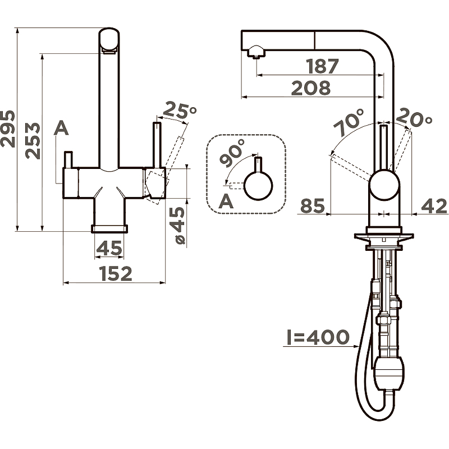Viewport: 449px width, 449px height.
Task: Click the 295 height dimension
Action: [8, 129]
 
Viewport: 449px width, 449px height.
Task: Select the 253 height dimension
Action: [33, 141]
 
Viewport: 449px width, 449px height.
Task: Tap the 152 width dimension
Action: [116, 273]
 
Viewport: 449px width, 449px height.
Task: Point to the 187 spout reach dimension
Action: [322, 66]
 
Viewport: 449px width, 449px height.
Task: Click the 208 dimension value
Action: [311, 88]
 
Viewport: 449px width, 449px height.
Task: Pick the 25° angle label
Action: [180, 109]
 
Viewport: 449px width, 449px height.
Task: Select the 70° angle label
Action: [349, 122]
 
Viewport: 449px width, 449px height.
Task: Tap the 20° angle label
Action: [414, 117]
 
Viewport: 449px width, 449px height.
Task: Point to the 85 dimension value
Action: [313, 205]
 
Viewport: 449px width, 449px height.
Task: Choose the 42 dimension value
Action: [434, 206]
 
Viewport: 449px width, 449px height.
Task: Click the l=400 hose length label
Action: [318, 337]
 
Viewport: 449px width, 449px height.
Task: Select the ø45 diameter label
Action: [180, 226]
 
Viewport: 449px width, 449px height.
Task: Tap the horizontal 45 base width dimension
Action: [109, 248]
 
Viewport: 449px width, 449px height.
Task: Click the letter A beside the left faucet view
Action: [61, 128]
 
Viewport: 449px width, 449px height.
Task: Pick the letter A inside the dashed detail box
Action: [226, 201]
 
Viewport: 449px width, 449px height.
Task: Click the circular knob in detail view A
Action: [258, 186]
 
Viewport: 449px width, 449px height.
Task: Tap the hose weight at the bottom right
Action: [389, 373]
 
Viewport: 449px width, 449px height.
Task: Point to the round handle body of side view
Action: [384, 185]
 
